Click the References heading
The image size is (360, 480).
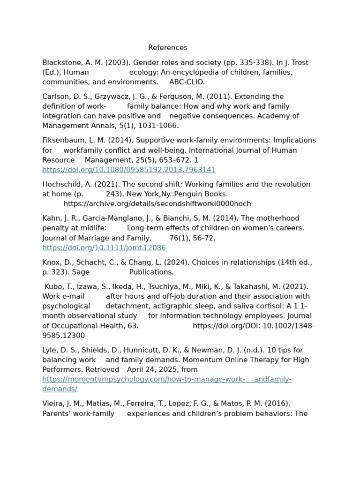click(x=167, y=48)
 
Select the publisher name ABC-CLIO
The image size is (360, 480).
click(x=187, y=82)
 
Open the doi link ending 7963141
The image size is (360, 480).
click(x=129, y=170)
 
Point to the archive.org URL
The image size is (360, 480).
click(x=157, y=204)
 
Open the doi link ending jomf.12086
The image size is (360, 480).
click(x=104, y=248)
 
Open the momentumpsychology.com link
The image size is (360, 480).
click(x=166, y=379)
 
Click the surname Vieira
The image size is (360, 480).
click(x=53, y=404)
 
